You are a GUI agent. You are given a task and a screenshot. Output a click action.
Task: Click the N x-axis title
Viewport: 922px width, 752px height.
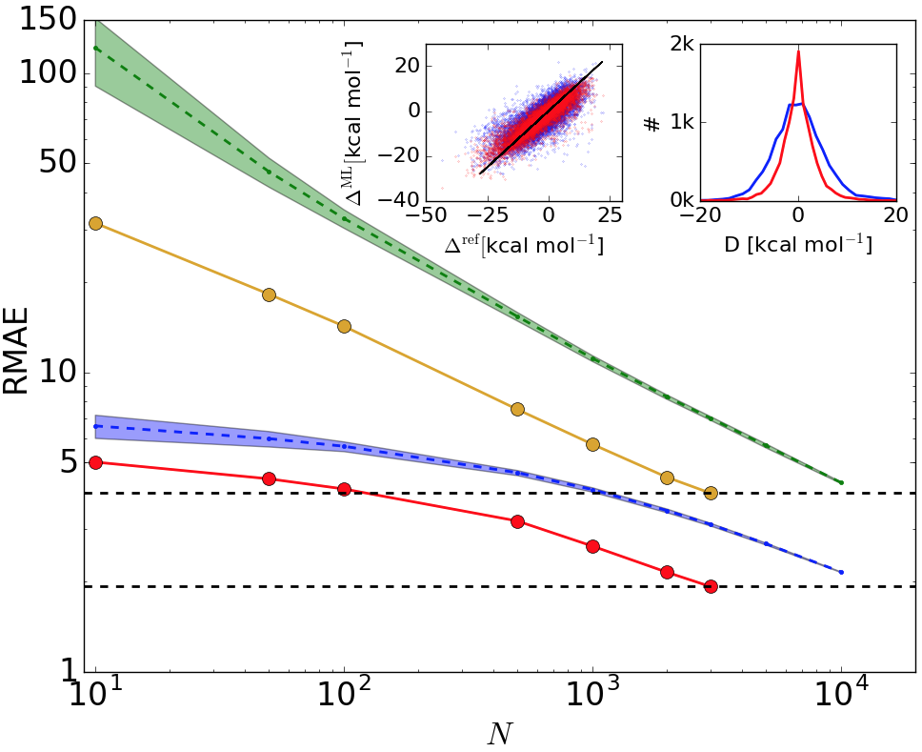[499, 732]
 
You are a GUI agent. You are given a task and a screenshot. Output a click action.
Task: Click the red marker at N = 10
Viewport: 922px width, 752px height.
[95, 462]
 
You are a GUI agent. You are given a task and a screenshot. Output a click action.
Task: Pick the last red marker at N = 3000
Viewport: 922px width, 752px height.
[711, 586]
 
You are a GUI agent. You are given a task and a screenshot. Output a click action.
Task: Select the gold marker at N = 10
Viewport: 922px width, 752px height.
[95, 223]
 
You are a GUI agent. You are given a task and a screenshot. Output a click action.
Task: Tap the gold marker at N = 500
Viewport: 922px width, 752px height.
[518, 410]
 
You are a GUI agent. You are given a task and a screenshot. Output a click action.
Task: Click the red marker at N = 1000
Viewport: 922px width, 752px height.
[592, 546]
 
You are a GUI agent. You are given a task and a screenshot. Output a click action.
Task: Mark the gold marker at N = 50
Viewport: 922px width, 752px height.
[269, 295]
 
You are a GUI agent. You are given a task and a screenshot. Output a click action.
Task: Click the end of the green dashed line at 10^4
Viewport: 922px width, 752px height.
[841, 482]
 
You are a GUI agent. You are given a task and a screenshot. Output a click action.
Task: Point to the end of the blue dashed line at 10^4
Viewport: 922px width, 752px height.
[841, 572]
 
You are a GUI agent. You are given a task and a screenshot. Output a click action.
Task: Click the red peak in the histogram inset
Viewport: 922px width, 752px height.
[798, 51]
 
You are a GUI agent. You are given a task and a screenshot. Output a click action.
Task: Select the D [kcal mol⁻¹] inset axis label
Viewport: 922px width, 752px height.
[798, 243]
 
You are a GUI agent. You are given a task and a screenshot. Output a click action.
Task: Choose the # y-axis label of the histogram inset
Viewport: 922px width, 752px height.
[653, 122]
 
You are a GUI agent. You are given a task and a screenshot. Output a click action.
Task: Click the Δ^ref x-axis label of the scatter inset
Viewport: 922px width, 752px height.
[524, 244]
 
